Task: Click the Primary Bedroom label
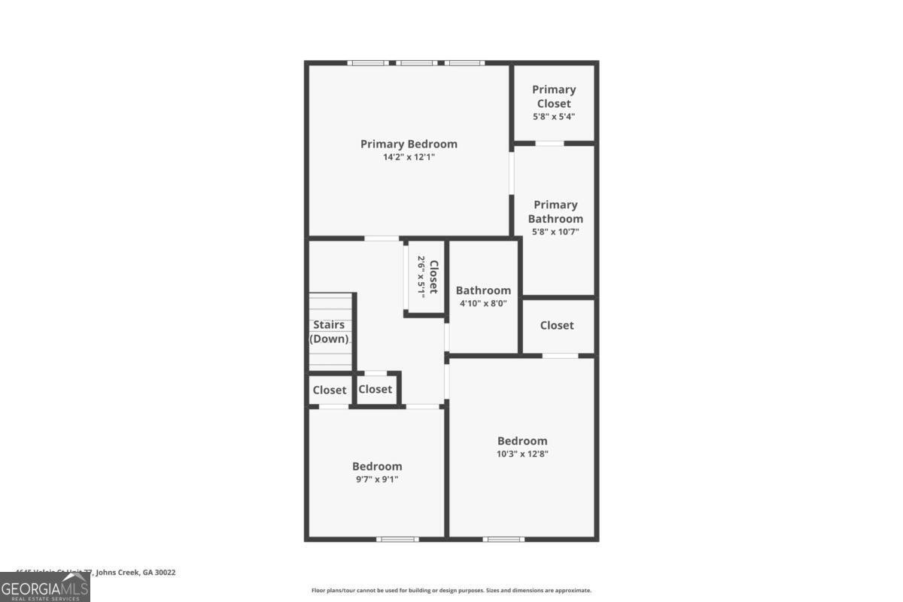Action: [409, 144]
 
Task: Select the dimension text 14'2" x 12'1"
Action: [409, 157]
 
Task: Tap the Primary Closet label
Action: [554, 96]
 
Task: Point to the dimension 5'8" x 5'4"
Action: [554, 117]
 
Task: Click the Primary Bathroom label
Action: [555, 211]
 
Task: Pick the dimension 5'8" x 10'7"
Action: [555, 232]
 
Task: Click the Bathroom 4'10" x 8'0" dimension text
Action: [483, 303]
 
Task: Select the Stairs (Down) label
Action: [330, 332]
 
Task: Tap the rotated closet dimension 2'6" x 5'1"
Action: [421, 277]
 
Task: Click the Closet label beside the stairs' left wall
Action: [330, 390]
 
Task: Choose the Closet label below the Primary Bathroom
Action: [557, 325]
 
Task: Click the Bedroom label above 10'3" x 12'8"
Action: [522, 441]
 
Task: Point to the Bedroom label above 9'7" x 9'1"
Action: [377, 467]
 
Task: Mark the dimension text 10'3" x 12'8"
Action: [522, 454]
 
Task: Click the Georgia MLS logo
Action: [45, 587]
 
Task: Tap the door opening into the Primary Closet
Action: [549, 143]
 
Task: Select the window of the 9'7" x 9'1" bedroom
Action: [397, 539]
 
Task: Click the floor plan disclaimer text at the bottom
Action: [451, 591]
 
